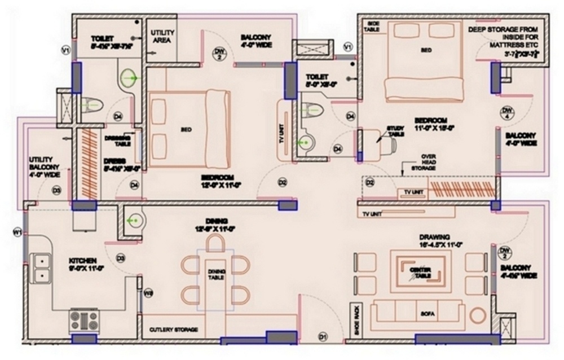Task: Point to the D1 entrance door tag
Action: [323, 337]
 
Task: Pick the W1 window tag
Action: [17, 231]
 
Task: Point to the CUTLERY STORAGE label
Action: [173, 329]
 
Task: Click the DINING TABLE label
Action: [215, 274]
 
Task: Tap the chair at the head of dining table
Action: [215, 243]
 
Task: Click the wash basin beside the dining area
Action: [133, 222]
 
